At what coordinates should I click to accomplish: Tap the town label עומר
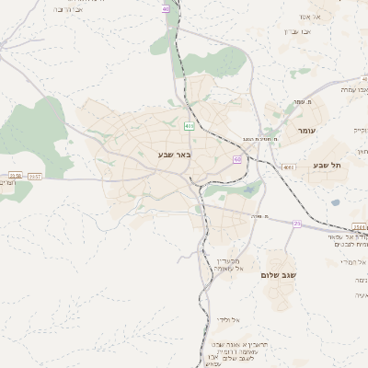pos(306,132)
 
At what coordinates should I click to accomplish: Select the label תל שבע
pos(340,166)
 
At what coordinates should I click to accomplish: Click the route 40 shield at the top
pos(167,9)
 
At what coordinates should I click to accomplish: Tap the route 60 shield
pos(237,159)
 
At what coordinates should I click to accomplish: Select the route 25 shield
pos(297,224)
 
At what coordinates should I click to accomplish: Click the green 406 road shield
pos(189,125)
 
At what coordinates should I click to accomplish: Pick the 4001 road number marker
pos(288,167)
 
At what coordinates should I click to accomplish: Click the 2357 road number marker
pos(35,175)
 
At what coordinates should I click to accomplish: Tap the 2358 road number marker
pos(14,175)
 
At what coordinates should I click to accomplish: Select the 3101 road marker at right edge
pos(359,225)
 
